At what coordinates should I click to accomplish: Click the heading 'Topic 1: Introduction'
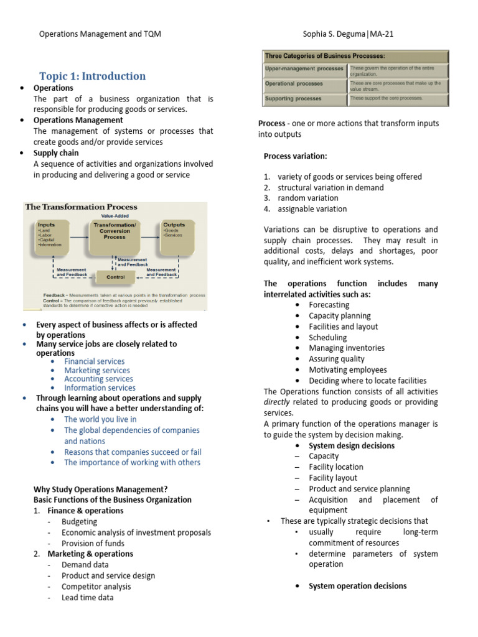click(92, 76)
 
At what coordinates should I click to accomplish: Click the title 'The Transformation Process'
click(81, 207)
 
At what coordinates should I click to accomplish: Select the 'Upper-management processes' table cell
click(304, 68)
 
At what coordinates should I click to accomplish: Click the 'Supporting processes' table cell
click(293, 99)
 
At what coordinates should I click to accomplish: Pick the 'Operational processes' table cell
click(294, 83)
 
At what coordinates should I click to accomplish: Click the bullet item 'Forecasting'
click(329, 305)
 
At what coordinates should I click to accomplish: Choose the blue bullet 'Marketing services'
click(97, 370)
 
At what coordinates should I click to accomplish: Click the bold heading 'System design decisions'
click(351, 445)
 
